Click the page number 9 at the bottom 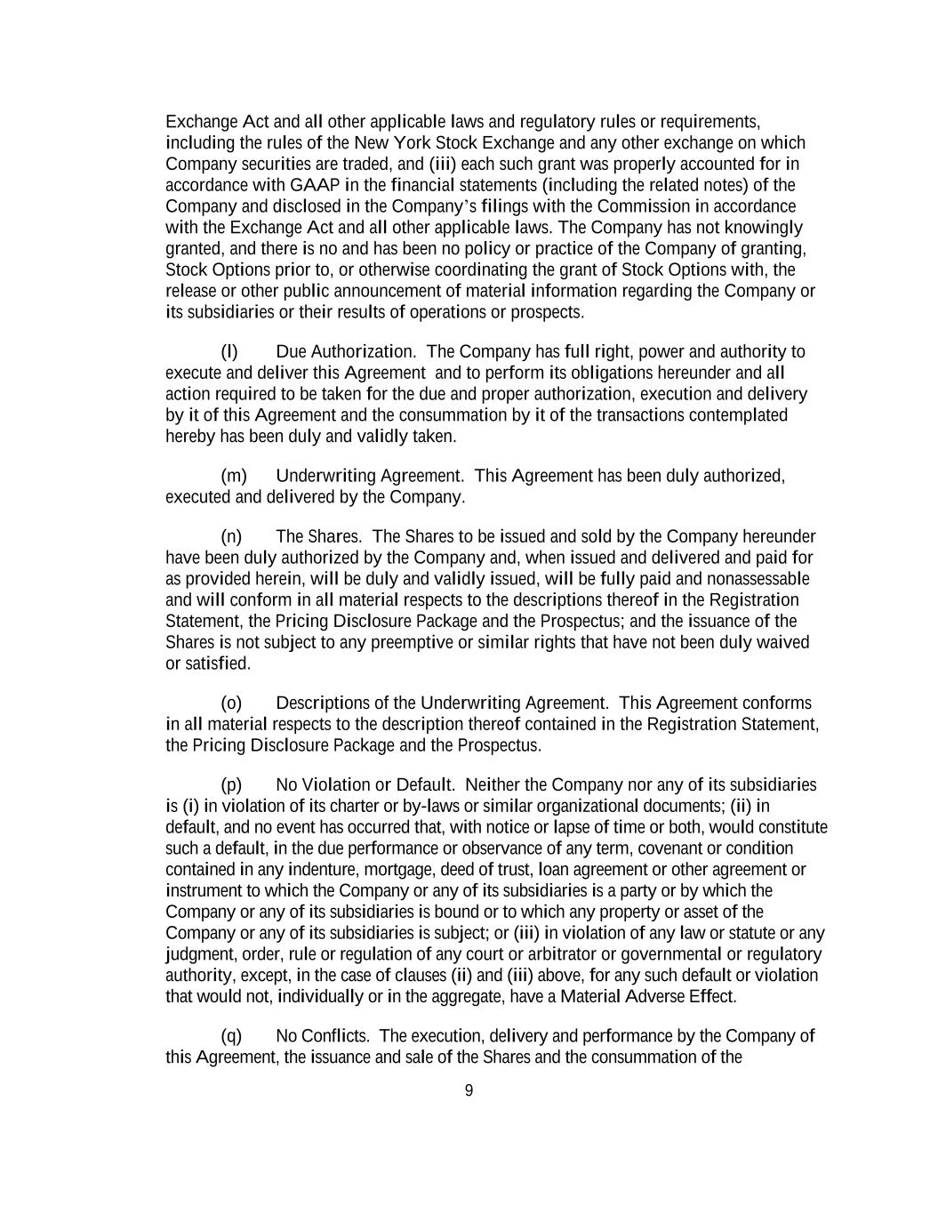point(469,1090)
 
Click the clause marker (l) point(229,351)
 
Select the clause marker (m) point(233,476)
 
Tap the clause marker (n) point(231,536)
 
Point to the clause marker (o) point(231,703)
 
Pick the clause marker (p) point(231,784)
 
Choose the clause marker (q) point(231,1036)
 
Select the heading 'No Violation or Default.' point(365,784)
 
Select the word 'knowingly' point(764,228)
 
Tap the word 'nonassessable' point(758,579)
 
